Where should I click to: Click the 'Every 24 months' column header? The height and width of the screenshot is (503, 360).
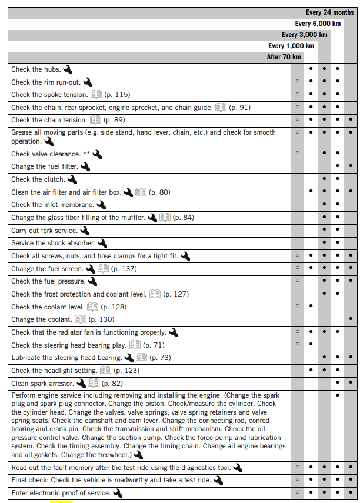pyautogui.click(x=329, y=12)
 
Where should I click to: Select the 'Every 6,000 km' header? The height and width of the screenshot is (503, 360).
pyautogui.click(x=318, y=24)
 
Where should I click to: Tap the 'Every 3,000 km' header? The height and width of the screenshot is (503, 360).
pyautogui.click(x=304, y=35)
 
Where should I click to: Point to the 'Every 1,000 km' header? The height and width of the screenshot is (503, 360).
pyautogui.click(x=291, y=46)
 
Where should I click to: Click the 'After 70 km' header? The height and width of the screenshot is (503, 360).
pyautogui.click(x=284, y=57)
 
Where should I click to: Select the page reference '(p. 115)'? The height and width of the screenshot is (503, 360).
pyautogui.click(x=118, y=95)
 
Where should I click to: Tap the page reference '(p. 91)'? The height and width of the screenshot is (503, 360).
pyautogui.click(x=239, y=108)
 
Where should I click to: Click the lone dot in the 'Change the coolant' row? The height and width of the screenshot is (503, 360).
pyautogui.click(x=351, y=319)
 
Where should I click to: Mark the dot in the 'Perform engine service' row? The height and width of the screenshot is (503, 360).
pyautogui.click(x=337, y=395)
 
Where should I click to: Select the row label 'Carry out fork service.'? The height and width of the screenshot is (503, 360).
pyautogui.click(x=44, y=231)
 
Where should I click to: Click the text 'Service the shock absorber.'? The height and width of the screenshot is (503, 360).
pyautogui.click(x=53, y=243)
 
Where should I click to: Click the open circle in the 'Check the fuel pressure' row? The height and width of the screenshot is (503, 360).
pyautogui.click(x=297, y=281)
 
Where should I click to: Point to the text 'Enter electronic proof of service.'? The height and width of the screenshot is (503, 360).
pyautogui.click(x=61, y=493)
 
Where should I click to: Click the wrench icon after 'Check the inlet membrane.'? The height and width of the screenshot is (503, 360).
pyautogui.click(x=101, y=205)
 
